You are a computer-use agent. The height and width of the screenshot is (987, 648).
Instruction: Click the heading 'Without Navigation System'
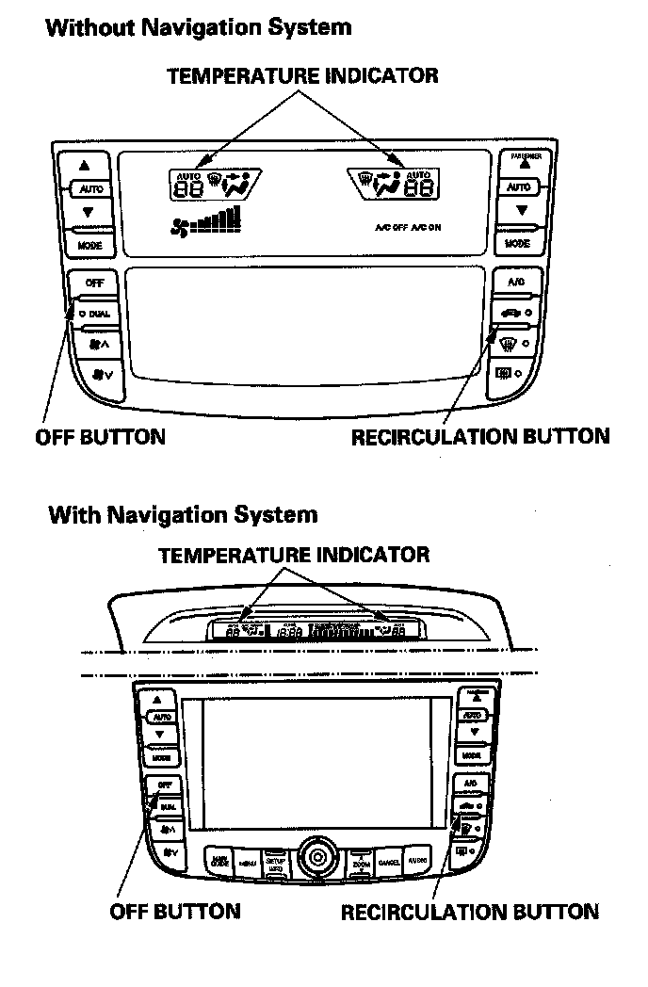198,27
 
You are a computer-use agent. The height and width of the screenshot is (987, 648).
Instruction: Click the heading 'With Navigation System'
183,515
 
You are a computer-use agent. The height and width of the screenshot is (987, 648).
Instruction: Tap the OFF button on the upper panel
94,283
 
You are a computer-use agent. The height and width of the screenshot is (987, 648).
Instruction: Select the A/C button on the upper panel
516,282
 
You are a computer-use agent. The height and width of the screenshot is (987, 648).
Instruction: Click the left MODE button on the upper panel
90,245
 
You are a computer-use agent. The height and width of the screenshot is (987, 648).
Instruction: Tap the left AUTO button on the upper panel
91,189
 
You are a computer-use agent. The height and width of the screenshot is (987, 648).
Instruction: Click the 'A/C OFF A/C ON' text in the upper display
407,228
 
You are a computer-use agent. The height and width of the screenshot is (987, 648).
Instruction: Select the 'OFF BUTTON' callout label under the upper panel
100,437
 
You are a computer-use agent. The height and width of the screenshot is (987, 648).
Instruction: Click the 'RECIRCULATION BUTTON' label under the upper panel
479,437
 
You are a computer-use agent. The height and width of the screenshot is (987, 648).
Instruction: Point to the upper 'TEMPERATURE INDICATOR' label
302,76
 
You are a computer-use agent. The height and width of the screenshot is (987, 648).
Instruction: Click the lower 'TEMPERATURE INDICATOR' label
294,555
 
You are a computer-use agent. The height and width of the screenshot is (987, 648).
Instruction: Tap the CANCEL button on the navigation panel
389,861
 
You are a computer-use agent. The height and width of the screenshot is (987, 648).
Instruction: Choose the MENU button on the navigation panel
248,862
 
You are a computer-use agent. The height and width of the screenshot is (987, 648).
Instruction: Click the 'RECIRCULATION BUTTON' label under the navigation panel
469,912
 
